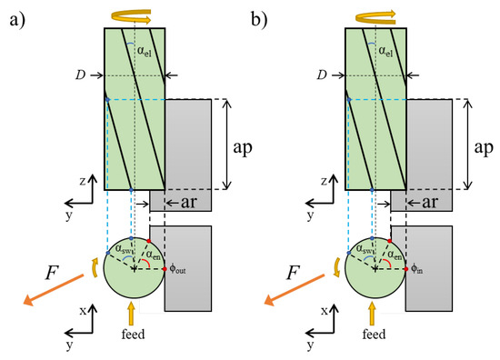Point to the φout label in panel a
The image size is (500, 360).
pos(179,270)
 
